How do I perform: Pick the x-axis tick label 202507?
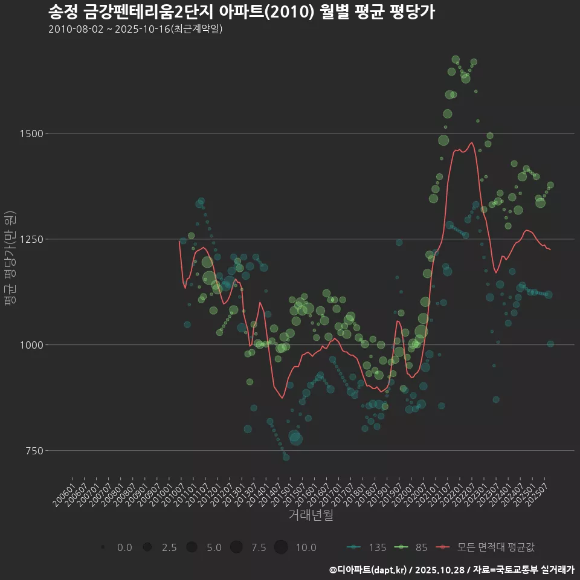coord(539,492)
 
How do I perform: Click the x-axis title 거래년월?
coord(311,515)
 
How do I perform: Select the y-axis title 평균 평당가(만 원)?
coord(9,260)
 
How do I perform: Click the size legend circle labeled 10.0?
coord(280,547)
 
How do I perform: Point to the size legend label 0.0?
coord(124,547)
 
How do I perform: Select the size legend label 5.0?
coord(214,547)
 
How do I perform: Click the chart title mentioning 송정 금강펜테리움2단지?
coord(241,12)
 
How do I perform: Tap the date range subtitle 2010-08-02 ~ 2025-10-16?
coord(135,29)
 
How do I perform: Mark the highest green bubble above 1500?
coord(456,59)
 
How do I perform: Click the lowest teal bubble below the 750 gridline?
coord(286,457)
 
